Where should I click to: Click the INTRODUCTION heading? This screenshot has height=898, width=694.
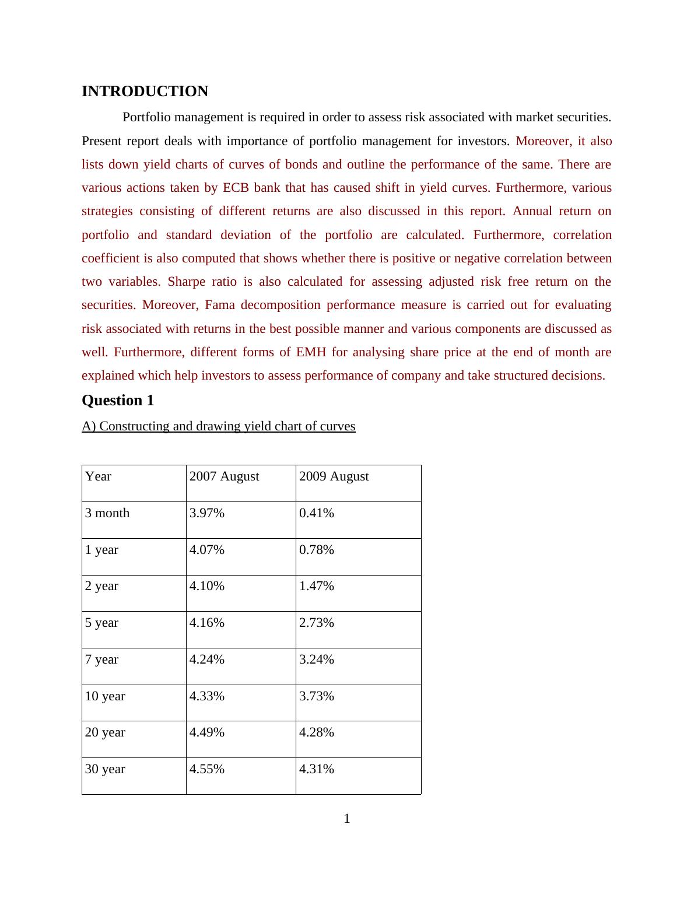tap(145, 92)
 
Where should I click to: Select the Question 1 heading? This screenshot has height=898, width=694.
tap(118, 401)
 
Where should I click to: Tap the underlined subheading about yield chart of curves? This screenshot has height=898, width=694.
tap(218, 426)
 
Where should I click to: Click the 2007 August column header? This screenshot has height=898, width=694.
tap(224, 476)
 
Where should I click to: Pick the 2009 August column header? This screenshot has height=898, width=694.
tap(334, 476)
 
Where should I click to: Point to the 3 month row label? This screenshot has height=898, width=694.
tap(107, 513)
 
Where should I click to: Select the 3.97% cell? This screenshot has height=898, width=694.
tap(206, 513)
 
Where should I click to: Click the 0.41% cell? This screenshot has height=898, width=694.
tap(316, 513)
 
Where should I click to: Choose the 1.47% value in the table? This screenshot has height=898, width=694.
tap(316, 586)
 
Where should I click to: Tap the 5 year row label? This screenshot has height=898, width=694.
tap(101, 623)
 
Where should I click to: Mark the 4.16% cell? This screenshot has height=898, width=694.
tap(206, 623)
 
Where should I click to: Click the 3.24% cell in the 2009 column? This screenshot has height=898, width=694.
tap(316, 660)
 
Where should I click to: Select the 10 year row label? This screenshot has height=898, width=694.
tap(105, 696)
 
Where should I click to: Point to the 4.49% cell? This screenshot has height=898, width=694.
tap(206, 732)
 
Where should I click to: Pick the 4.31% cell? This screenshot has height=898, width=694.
tap(316, 769)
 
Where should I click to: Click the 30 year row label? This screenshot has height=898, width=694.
tap(105, 769)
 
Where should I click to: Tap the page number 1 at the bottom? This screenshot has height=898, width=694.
tap(347, 819)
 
